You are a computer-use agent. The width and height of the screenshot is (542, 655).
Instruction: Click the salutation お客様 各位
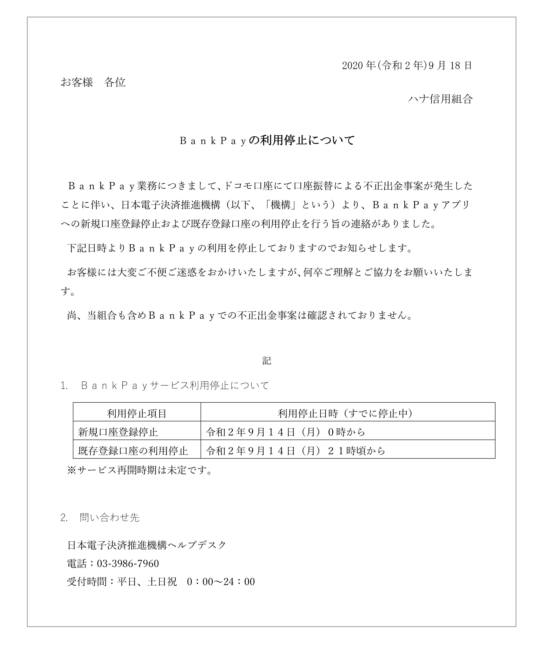click(93, 82)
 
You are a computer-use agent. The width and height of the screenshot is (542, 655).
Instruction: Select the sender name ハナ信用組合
click(440, 99)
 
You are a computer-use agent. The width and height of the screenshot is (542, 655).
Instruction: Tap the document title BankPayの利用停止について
click(267, 141)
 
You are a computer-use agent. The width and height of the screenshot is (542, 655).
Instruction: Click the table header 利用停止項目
click(137, 414)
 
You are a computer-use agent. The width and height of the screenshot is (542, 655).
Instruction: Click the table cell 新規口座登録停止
click(118, 432)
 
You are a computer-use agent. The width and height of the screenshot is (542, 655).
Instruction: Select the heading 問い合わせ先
click(109, 517)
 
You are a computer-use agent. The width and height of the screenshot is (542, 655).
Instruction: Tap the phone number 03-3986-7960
click(128, 564)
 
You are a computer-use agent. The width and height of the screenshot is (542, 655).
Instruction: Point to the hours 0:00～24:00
click(221, 582)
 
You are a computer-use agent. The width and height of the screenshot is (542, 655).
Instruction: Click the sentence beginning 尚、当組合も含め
click(240, 316)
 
